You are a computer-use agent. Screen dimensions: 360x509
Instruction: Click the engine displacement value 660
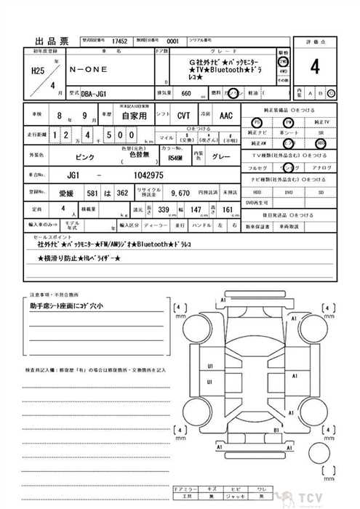pos(186,94)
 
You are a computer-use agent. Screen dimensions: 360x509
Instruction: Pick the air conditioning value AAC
pos(226,115)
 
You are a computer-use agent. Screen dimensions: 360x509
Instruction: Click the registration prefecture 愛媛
pos(66,195)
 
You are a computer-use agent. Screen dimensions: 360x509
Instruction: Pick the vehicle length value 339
pos(163,209)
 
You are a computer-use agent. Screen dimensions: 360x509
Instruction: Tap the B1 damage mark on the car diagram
pos(276,430)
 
